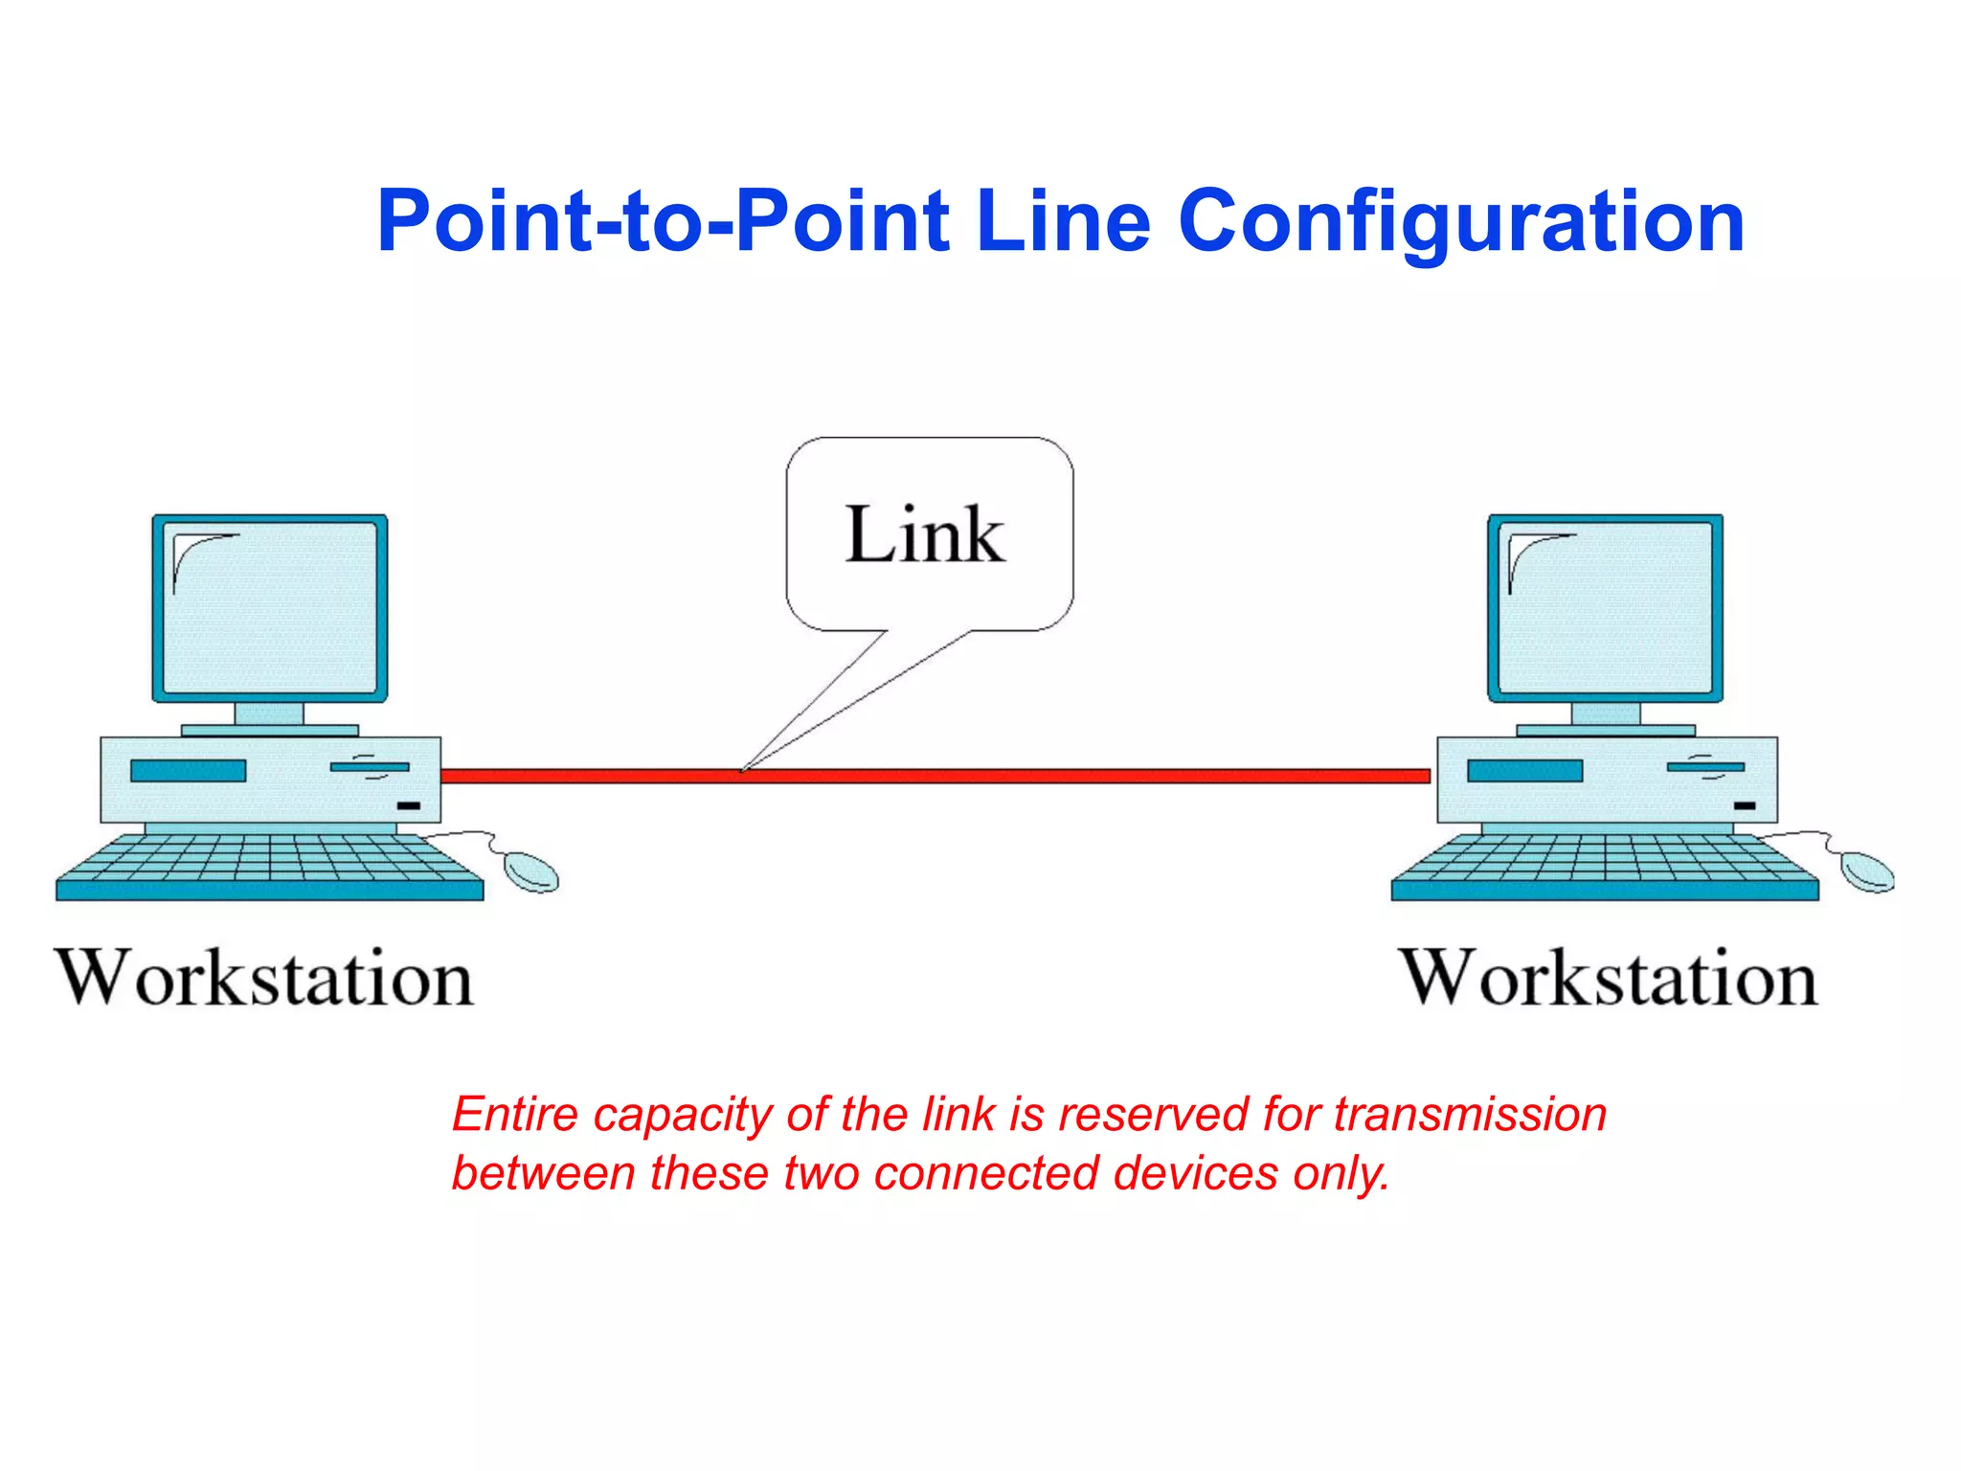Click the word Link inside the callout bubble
(925, 534)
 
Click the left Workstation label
(264, 979)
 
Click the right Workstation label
(1609, 979)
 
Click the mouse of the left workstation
(531, 871)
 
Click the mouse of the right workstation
(1867, 871)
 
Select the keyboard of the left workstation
(270, 866)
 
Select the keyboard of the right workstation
(1605, 866)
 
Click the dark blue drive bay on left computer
(189, 771)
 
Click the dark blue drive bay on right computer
(1524, 771)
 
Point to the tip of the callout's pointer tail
(744, 769)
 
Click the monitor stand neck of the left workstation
(269, 714)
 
